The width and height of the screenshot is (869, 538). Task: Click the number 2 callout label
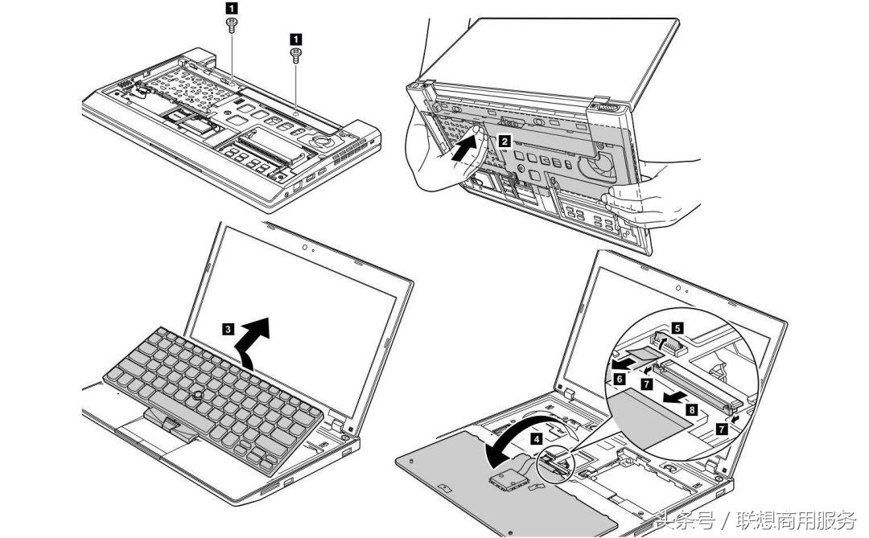coord(504,140)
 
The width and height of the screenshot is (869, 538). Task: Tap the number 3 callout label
coord(229,328)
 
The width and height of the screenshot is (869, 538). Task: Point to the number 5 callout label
coord(677,328)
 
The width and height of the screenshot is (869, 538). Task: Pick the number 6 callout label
coord(620,377)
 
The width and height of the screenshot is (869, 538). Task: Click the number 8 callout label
coord(691,409)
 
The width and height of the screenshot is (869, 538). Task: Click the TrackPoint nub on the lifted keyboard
coord(197,394)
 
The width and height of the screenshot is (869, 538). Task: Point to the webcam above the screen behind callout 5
coord(681,287)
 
